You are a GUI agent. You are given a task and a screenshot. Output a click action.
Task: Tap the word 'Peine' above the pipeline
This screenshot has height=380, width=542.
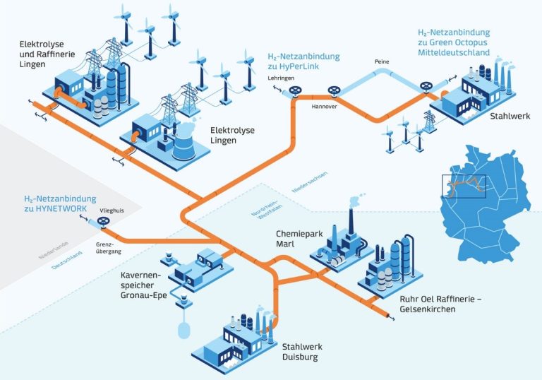click(382, 62)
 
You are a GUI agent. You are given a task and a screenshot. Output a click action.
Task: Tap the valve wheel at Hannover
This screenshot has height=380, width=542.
click(333, 90)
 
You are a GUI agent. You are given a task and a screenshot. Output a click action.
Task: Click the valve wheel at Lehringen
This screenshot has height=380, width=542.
click(296, 92)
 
